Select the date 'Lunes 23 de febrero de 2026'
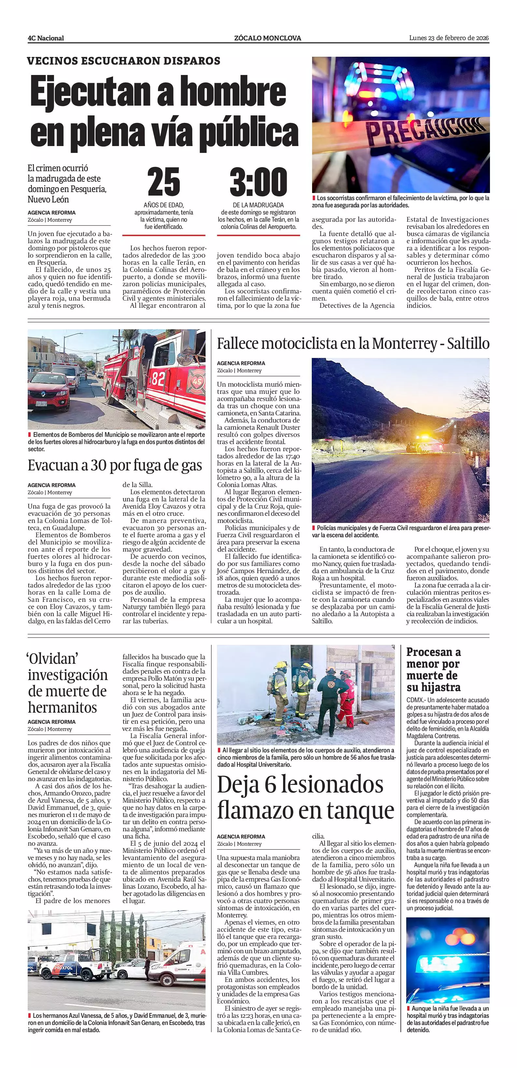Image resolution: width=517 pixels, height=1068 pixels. (x=449, y=38)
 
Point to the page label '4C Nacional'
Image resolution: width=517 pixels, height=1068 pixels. (x=46, y=38)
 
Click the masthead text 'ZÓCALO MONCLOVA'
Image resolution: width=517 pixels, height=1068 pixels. (x=267, y=38)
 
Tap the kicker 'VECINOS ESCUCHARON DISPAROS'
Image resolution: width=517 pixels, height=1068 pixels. (x=123, y=61)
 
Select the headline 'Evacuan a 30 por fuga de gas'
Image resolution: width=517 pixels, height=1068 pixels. (x=115, y=466)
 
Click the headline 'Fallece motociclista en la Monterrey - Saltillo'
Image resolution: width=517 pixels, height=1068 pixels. (x=353, y=344)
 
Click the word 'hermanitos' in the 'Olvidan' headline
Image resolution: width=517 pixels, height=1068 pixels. (x=62, y=707)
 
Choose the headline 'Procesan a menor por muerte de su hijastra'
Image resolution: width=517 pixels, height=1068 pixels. (x=433, y=670)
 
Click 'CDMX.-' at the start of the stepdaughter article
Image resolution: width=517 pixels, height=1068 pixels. (x=415, y=701)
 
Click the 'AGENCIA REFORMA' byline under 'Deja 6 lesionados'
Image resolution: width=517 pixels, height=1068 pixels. (x=241, y=837)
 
